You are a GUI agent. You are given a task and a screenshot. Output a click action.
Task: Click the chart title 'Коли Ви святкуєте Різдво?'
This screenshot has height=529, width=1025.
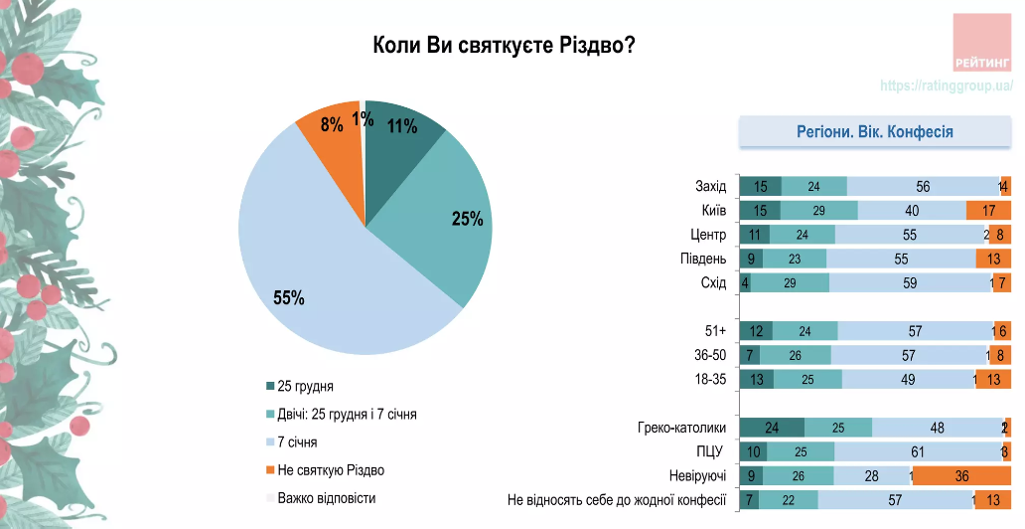click(x=504, y=46)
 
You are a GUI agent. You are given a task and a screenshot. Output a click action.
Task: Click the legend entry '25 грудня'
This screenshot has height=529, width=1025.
click(x=305, y=385)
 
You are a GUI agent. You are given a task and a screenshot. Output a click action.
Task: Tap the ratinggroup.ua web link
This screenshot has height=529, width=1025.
click(x=945, y=87)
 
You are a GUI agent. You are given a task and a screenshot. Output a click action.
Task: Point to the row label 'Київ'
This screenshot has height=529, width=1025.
click(x=714, y=211)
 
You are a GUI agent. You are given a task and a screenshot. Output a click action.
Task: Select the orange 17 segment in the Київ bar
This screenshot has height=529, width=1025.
click(x=988, y=211)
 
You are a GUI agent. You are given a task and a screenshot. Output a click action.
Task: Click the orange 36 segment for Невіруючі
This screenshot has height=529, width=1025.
click(x=961, y=476)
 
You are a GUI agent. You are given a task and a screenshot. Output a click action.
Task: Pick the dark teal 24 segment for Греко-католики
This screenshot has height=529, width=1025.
click(x=772, y=428)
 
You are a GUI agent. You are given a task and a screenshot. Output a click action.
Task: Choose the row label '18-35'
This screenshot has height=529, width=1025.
click(x=711, y=379)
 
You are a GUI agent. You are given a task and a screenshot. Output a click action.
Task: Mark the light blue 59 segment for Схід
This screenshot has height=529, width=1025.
click(x=910, y=282)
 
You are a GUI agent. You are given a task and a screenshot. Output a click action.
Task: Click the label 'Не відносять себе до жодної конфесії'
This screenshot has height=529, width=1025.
click(x=617, y=500)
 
